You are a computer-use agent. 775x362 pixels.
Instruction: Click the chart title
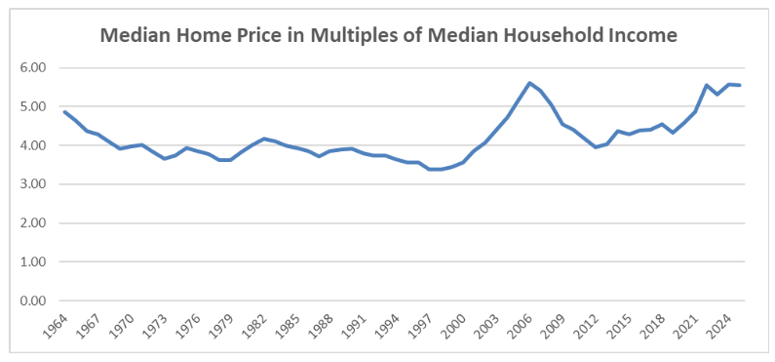[x=389, y=36]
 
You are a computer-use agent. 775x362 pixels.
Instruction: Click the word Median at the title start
[x=136, y=36]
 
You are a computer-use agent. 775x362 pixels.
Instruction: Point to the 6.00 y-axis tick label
[x=33, y=68]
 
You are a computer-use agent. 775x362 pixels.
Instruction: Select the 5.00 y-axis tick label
[x=33, y=107]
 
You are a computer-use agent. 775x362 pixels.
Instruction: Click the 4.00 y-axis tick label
[x=33, y=145]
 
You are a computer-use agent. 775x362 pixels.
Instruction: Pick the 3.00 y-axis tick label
[x=33, y=184]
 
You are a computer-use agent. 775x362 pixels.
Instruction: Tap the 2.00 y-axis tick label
[x=33, y=223]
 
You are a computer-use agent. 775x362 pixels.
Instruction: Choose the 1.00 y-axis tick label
[x=33, y=262]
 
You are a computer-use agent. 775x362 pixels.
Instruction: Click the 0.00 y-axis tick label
[x=33, y=301]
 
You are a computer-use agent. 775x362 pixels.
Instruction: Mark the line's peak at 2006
[x=529, y=83]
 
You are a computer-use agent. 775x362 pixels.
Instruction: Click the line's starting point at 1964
[x=65, y=112]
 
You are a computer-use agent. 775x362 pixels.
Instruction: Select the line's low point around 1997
[x=430, y=170]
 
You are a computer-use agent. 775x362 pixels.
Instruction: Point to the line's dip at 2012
[x=596, y=147]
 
